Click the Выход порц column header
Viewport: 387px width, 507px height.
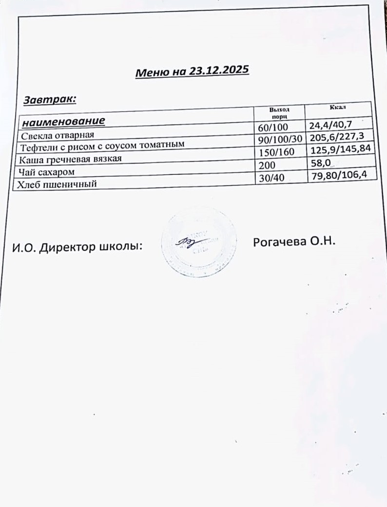coord(279,112)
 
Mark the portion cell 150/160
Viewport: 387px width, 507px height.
coord(276,152)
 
